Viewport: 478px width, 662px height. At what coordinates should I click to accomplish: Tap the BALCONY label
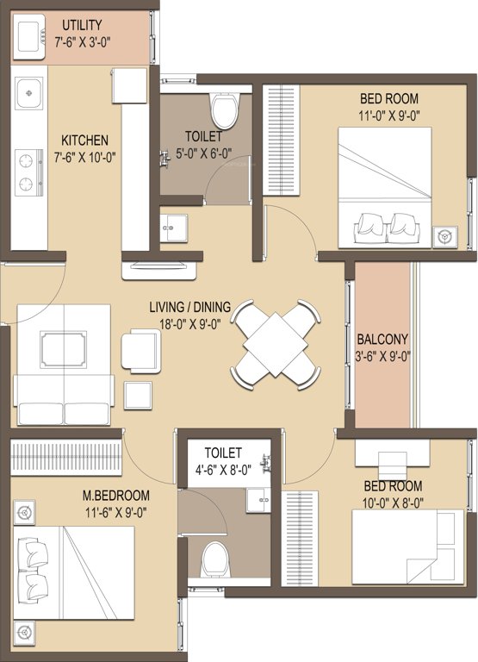tap(382, 340)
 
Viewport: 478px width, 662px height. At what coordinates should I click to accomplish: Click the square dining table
tap(275, 341)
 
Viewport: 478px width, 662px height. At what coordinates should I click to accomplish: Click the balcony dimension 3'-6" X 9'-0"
tap(382, 355)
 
